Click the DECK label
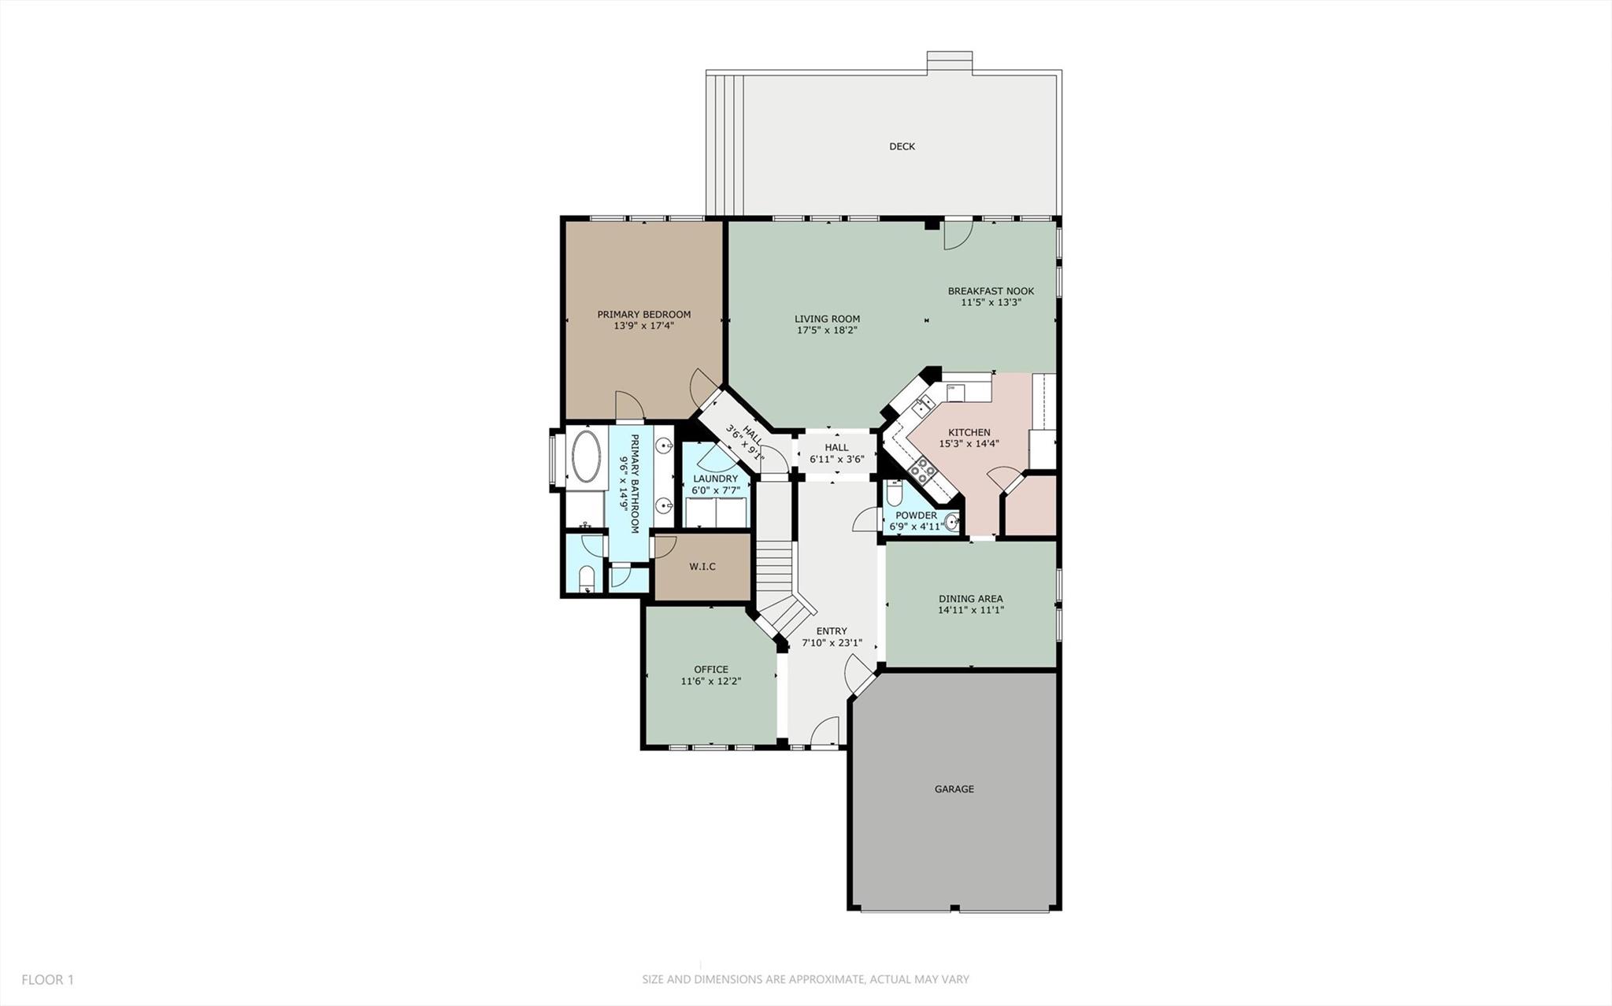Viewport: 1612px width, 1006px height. (902, 146)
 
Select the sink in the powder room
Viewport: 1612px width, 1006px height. (952, 521)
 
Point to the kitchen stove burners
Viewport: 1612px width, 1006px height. (922, 472)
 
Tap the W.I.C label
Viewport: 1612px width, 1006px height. (702, 567)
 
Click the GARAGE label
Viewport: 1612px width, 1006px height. (954, 789)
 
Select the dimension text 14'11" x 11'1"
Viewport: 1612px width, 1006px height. (970, 610)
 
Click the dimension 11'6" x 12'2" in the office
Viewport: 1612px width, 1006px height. (710, 682)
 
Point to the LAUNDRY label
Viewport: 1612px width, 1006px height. (715, 479)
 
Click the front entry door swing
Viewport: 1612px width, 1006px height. (824, 731)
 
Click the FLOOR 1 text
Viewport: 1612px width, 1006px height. (47, 980)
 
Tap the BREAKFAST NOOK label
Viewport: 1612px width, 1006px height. (990, 291)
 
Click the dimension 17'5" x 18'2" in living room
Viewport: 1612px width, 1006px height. (827, 331)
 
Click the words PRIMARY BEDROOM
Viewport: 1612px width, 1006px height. (643, 314)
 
